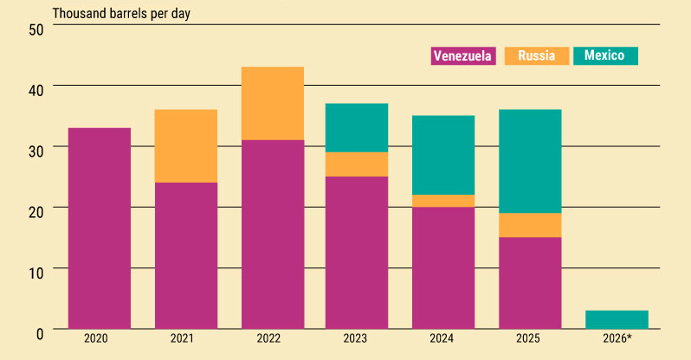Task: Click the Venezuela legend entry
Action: (x=463, y=56)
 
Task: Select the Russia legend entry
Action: (x=536, y=56)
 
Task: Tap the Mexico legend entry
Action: (x=604, y=56)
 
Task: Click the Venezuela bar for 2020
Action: (x=100, y=228)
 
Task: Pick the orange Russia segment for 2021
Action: (x=185, y=146)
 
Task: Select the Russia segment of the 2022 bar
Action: (x=272, y=103)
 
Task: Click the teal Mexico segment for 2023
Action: (x=357, y=128)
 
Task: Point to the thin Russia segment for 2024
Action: (x=443, y=201)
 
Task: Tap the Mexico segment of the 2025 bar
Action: (x=530, y=161)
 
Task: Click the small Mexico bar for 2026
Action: (x=617, y=319)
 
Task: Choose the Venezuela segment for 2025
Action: (x=530, y=283)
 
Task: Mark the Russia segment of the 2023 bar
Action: (x=357, y=164)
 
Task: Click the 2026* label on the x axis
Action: (x=617, y=338)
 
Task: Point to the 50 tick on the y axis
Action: (x=36, y=29)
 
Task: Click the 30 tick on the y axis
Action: (x=36, y=149)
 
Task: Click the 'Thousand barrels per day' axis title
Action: (x=121, y=13)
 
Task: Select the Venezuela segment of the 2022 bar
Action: (x=272, y=234)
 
